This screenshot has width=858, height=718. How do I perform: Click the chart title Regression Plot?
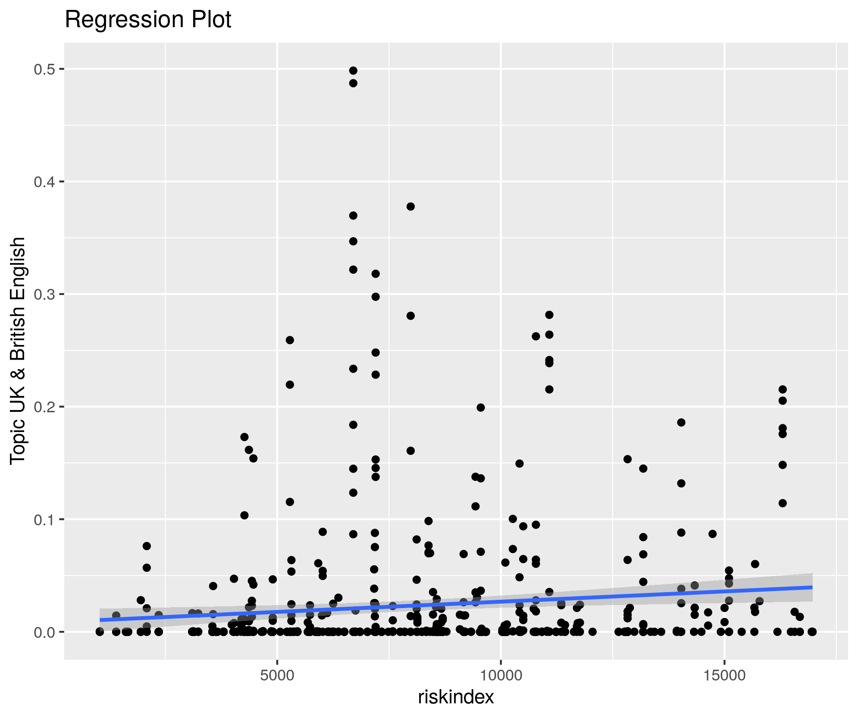(x=148, y=20)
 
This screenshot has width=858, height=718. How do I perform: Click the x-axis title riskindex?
(x=456, y=697)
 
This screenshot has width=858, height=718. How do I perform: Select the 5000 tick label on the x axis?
(x=277, y=675)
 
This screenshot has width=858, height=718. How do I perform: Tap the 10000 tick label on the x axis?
(x=501, y=675)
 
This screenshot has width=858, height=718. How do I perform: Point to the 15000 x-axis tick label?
(x=724, y=675)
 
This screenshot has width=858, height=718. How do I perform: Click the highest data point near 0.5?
(x=353, y=71)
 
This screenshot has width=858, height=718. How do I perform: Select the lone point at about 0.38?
(x=410, y=207)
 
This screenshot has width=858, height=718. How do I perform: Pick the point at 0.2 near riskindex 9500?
(x=481, y=408)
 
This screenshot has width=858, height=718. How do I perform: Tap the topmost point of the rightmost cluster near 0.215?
(x=783, y=389)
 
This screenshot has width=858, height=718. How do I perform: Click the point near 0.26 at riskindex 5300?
(x=290, y=340)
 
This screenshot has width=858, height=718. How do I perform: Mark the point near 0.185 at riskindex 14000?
(x=681, y=423)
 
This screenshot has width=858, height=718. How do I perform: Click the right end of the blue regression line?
(x=812, y=587)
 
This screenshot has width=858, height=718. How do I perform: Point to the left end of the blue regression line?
(x=100, y=620)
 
